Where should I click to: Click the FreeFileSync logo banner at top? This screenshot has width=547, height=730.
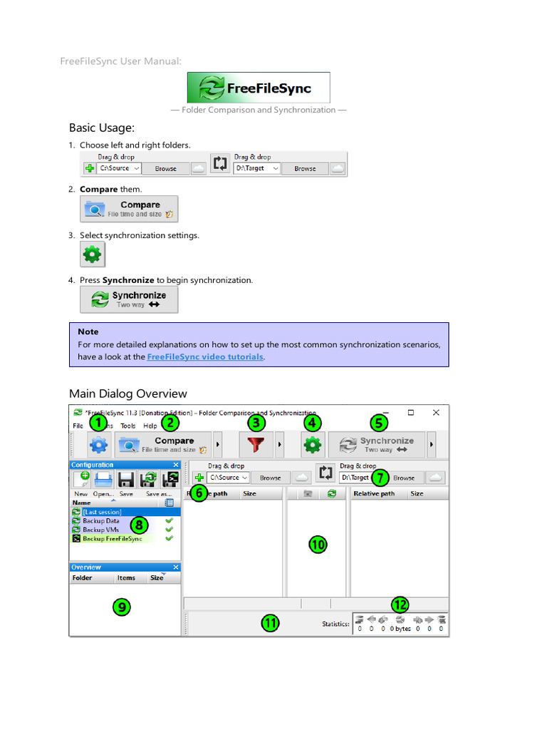coord(258,88)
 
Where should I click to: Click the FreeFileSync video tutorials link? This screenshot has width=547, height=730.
coord(205,356)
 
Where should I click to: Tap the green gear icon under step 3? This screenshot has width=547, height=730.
coord(93,254)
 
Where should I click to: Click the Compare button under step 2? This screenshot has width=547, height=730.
coord(129,209)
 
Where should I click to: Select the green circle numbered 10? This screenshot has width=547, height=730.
coord(317,545)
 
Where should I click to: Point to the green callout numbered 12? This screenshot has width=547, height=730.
coord(400,605)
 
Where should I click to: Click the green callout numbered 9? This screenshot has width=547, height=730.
coord(123,607)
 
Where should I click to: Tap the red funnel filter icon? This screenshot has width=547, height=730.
coord(256,446)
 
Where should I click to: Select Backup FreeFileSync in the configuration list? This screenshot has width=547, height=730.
coord(112,539)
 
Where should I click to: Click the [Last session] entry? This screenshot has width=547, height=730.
coord(101,512)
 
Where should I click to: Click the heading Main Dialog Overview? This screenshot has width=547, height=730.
coord(127,394)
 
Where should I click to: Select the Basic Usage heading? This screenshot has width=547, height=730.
coord(101,128)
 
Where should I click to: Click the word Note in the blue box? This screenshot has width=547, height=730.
coord(88,331)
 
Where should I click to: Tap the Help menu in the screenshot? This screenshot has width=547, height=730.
coord(150,426)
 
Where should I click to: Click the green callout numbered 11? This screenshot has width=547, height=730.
coord(270,623)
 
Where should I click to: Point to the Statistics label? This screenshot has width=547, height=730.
coord(335,624)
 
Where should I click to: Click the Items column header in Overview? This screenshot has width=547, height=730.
coord(126,578)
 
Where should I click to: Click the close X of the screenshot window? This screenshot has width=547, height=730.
coord(436,412)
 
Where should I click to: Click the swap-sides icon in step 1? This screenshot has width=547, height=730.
coord(220,164)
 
